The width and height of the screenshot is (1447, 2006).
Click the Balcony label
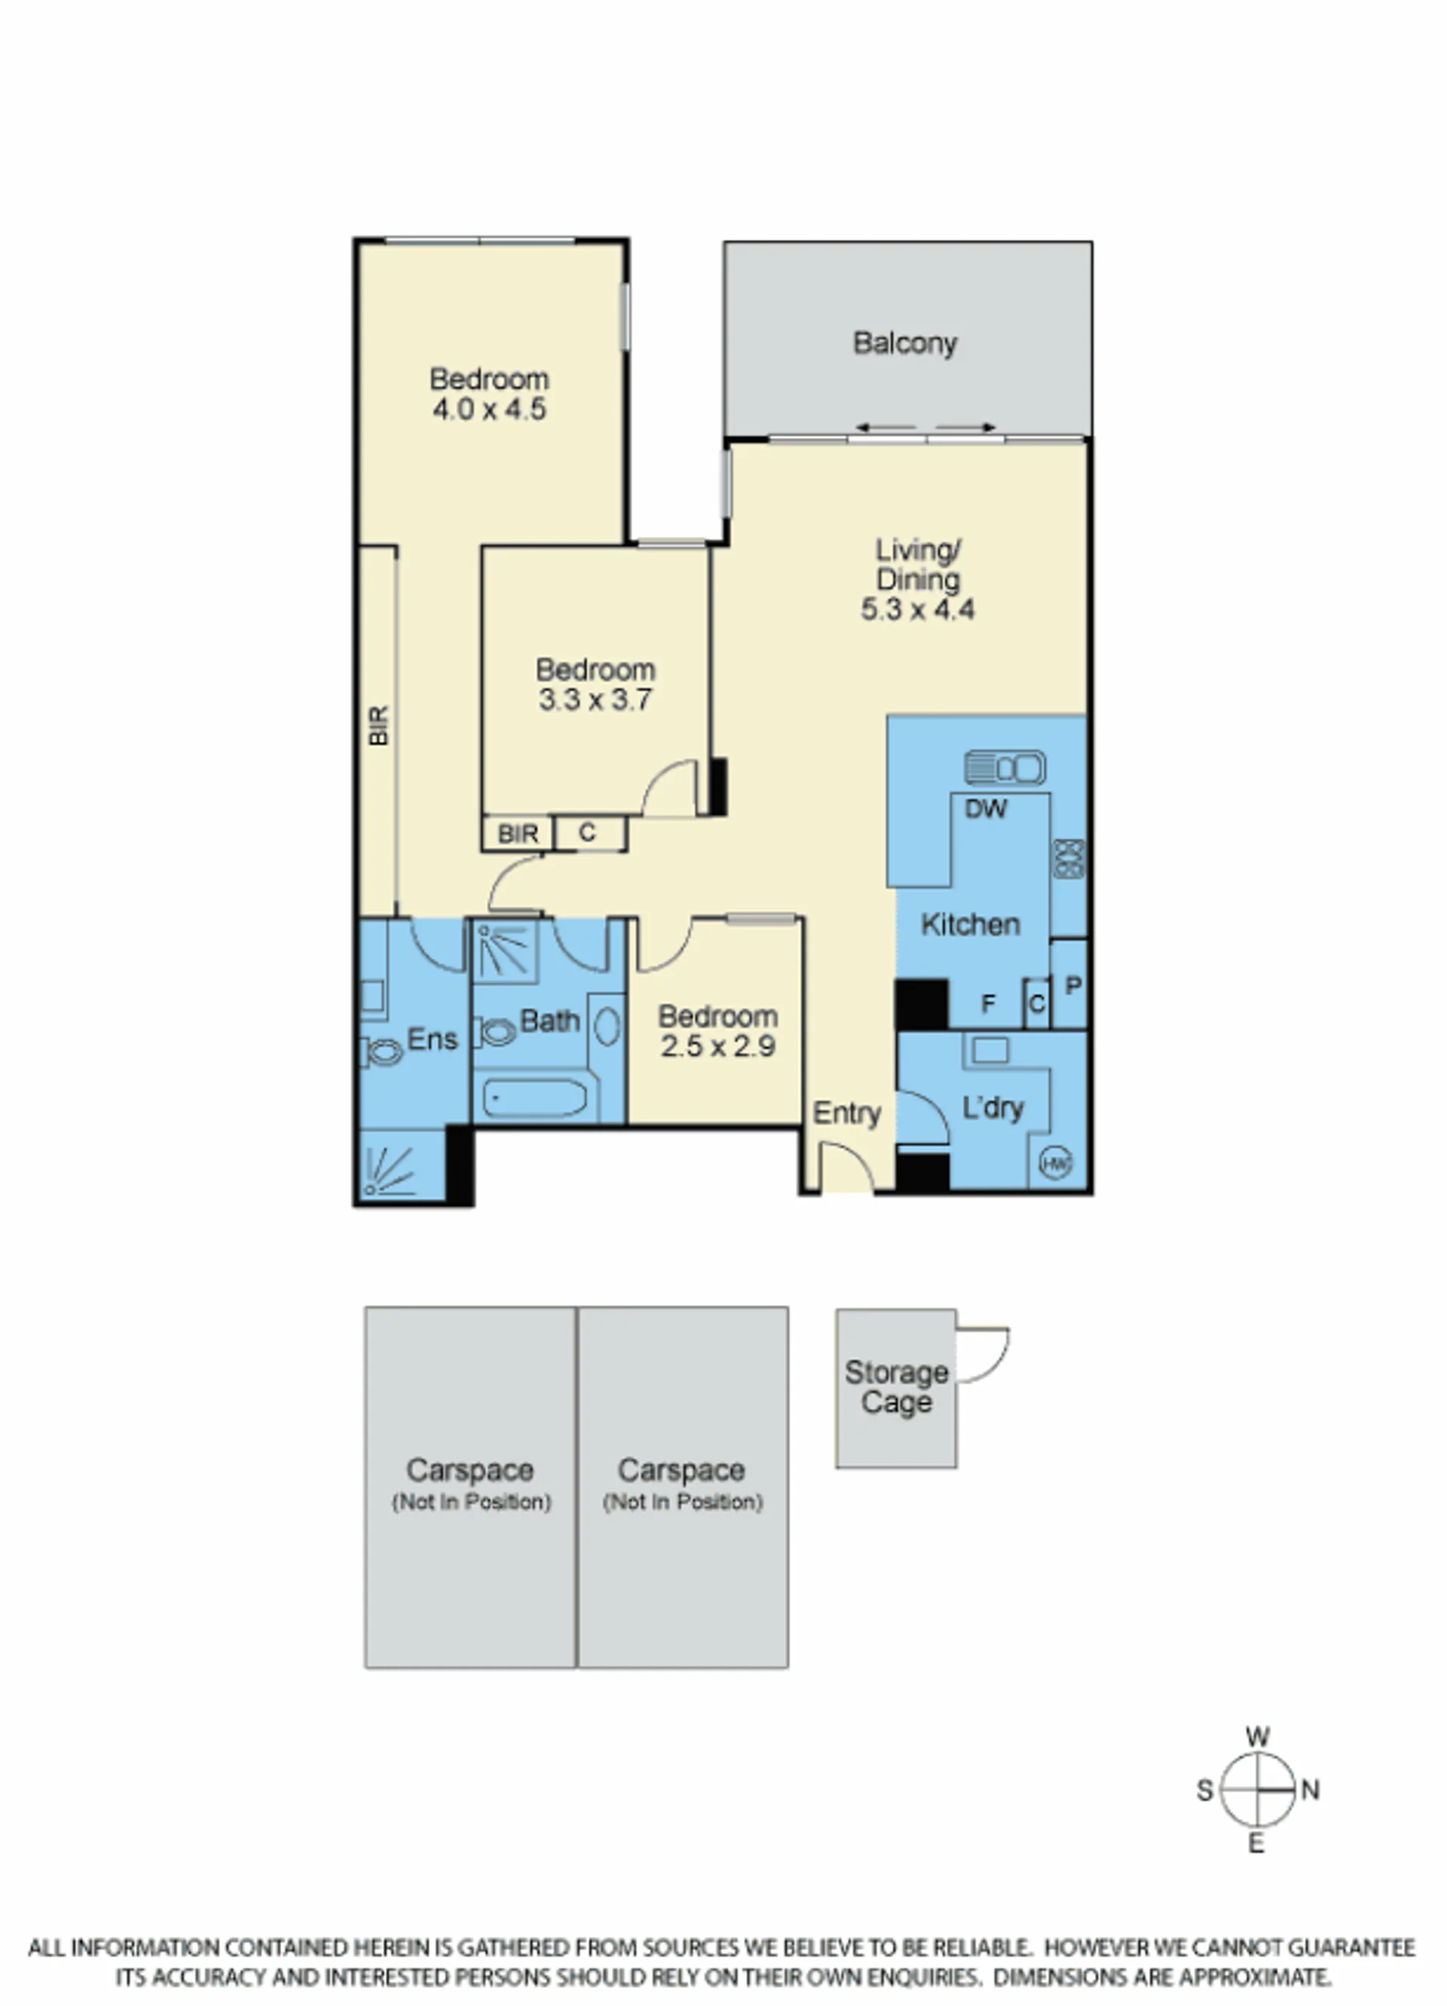click(x=905, y=343)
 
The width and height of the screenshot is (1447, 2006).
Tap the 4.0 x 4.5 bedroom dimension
click(x=489, y=409)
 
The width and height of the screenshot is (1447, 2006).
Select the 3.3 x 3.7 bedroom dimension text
click(x=595, y=700)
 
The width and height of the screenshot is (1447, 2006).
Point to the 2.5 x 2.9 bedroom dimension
click(x=718, y=1046)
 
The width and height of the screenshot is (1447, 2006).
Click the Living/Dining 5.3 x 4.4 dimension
click(x=918, y=609)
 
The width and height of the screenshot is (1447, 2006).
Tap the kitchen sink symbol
click(x=1005, y=767)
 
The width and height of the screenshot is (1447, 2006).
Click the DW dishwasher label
click(x=985, y=808)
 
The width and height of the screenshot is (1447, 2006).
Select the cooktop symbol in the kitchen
click(x=1069, y=859)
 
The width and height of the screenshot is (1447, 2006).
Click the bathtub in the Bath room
click(x=534, y=1098)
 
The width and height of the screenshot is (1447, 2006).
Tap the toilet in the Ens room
click(x=382, y=1052)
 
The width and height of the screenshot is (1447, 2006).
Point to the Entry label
click(x=846, y=1113)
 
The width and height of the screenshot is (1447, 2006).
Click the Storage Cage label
click(x=896, y=1388)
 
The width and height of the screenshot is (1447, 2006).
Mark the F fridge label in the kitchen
click(x=989, y=1003)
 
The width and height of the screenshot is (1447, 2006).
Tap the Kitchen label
click(x=970, y=925)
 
